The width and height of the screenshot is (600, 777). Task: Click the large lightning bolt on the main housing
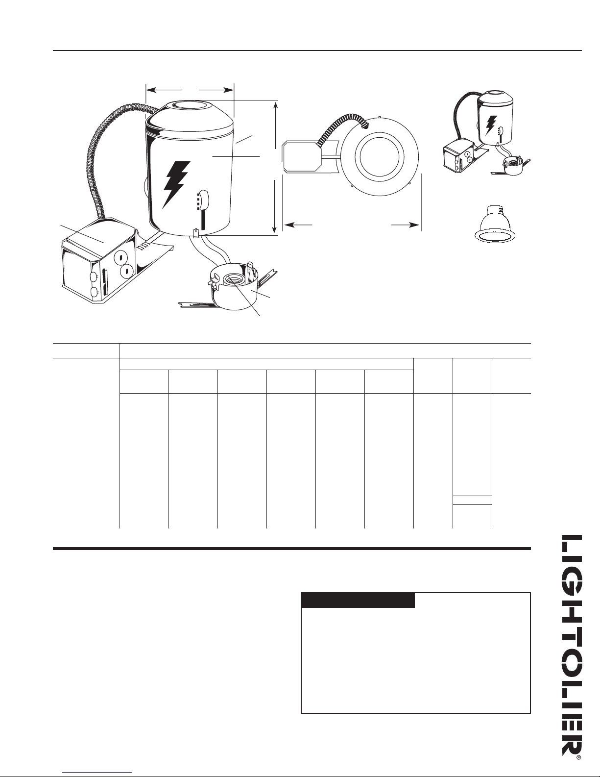pyautogui.click(x=176, y=184)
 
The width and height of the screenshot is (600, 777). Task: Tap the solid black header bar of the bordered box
pyautogui.click(x=358, y=600)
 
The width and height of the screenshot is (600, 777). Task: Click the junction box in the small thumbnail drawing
pyautogui.click(x=458, y=157)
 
